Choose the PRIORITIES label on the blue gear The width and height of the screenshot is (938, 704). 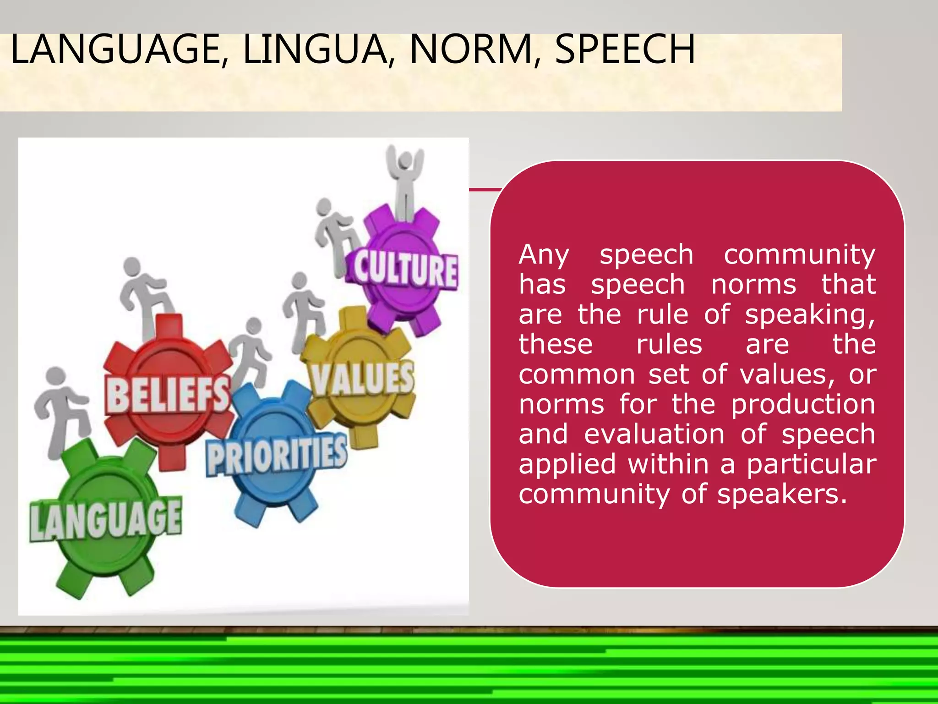click(x=276, y=455)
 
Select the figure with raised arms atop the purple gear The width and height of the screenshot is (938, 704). click(x=405, y=181)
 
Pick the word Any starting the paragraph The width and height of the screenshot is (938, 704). click(x=544, y=255)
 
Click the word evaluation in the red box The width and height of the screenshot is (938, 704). click(x=654, y=434)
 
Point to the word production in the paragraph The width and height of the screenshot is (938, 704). click(x=803, y=405)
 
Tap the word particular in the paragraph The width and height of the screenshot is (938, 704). click(x=811, y=464)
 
